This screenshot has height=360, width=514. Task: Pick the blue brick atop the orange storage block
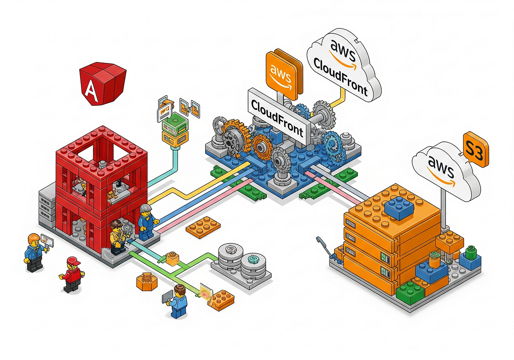398,209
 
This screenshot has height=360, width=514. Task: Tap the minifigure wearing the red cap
72,274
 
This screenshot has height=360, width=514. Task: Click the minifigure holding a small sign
34,252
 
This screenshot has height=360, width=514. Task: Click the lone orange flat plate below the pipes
203,226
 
